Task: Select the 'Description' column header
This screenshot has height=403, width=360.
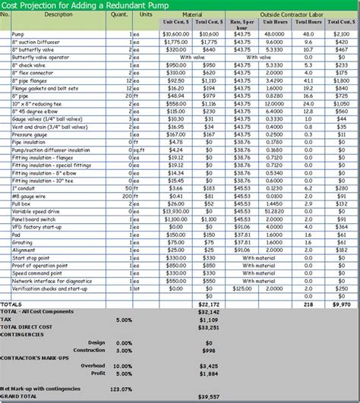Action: pos(37,14)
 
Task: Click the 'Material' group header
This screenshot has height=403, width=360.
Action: pos(192,14)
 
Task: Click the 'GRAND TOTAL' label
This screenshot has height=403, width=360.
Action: pos(21,397)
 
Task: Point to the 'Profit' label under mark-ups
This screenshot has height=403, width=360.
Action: pos(96,373)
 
